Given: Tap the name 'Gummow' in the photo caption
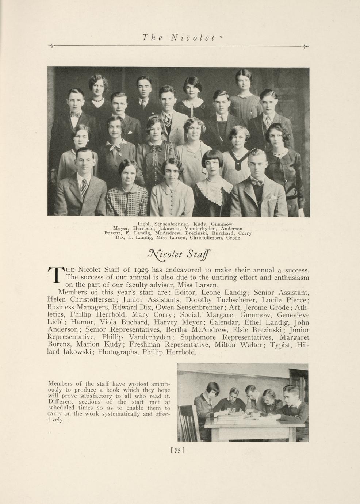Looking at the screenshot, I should click(x=222, y=224).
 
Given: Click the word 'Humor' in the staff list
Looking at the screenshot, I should click(x=83, y=322).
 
